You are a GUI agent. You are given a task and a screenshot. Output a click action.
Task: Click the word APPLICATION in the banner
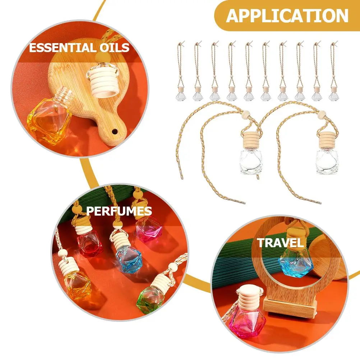click(x=287, y=16)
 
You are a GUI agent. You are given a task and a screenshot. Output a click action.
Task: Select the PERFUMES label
click(x=119, y=211)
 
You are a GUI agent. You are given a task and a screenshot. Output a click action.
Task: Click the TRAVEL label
click(x=280, y=243)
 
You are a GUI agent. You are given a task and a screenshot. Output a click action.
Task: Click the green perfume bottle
click(x=150, y=299)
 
